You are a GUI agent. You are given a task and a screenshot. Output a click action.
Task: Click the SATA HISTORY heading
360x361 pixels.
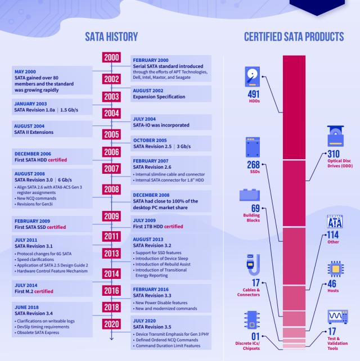[111, 37]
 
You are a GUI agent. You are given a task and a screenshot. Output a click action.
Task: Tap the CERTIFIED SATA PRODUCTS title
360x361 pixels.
[294, 37]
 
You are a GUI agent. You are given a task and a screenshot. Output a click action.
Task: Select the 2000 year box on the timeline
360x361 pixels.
[111, 58]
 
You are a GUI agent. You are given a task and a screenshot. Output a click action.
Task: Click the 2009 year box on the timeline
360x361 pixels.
[111, 216]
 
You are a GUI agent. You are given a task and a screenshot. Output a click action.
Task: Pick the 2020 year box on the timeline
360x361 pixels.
[111, 326]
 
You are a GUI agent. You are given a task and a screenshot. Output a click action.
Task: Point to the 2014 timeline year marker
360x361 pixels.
[111, 273]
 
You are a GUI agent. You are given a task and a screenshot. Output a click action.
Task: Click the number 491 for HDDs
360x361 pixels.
[251, 94]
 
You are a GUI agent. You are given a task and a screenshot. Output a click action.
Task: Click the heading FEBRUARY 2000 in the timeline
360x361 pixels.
[151, 60]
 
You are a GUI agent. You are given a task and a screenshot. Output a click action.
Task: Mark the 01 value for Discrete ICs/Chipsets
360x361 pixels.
[251, 336]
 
